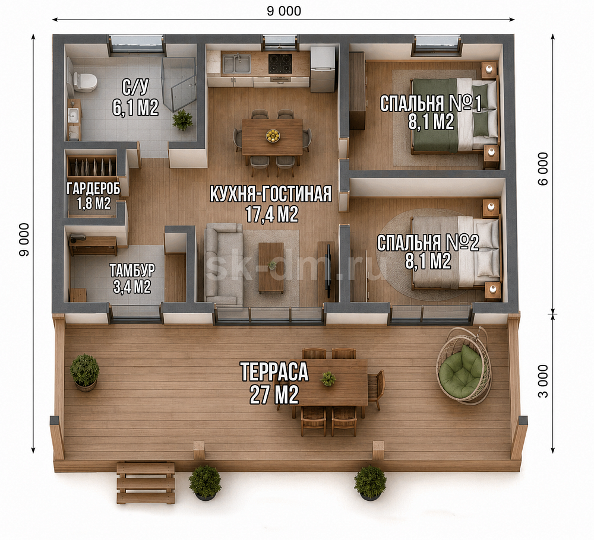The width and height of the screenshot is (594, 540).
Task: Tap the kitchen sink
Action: (236, 63)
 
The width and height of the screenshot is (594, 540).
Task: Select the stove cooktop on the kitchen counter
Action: (280, 63)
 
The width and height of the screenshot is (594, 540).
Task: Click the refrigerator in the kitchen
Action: (323, 69)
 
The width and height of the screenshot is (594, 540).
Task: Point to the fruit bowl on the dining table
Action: (273, 135)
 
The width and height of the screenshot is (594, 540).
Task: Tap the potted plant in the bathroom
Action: (182, 120)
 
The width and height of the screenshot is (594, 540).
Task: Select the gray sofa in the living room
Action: (223, 263)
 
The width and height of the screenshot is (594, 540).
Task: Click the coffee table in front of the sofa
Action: (271, 268)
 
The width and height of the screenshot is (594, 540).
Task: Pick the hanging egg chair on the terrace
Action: (463, 366)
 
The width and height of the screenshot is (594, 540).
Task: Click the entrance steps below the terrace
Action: (146, 483)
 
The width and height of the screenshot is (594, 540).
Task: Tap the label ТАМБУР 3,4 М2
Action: (132, 279)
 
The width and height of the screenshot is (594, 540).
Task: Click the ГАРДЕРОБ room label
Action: (94, 189)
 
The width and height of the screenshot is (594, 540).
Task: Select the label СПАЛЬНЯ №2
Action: (428, 243)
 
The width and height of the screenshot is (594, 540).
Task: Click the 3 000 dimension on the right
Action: (543, 381)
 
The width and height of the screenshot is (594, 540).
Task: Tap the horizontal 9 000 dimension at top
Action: (284, 11)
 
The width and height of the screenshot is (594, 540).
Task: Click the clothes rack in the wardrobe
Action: (91, 167)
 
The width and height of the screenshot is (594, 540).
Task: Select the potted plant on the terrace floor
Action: (85, 372)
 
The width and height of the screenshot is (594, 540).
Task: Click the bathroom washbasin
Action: (74, 113)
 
